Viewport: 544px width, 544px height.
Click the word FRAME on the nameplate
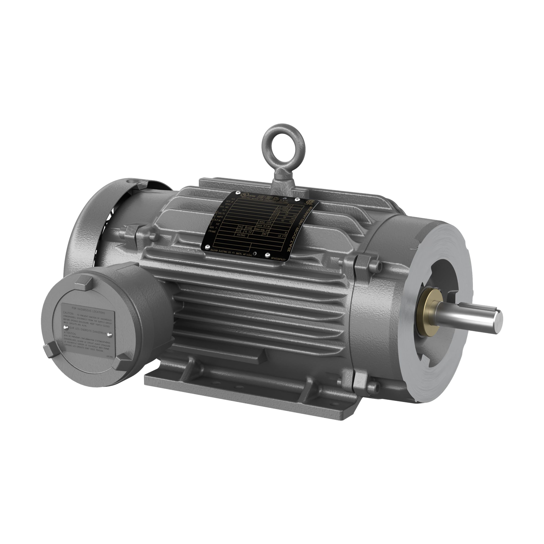212,231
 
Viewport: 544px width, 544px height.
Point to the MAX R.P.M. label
263,226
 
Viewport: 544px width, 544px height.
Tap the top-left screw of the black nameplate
238,193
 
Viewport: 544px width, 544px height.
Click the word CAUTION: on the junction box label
68,313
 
